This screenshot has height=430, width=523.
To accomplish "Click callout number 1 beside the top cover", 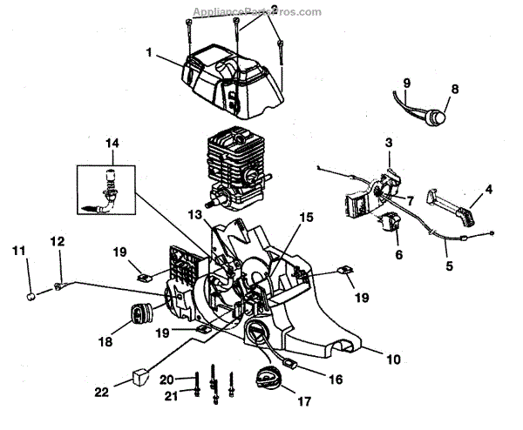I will (x=150, y=52).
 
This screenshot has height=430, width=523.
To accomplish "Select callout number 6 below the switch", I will (x=398, y=256).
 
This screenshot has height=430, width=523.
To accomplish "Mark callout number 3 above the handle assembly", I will (x=389, y=142).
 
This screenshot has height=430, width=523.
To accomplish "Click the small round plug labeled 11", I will (x=32, y=297).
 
